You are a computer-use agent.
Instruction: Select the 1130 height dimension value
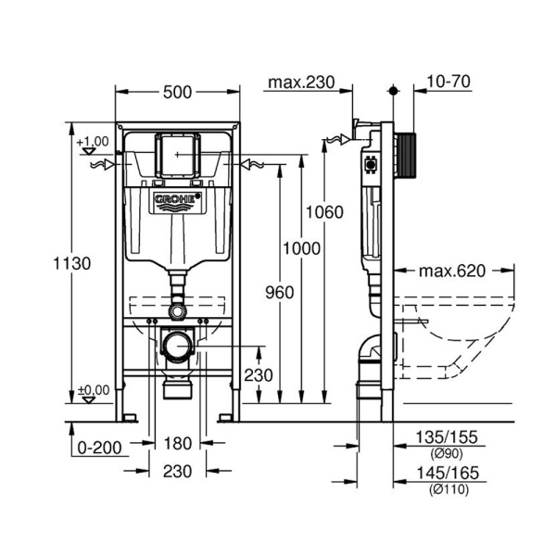point(72,263)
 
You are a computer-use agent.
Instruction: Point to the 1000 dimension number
point(302,249)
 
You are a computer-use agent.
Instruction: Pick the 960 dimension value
point(279,293)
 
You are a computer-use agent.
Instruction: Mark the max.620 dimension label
point(452,272)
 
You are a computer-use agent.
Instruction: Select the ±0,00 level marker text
point(93,390)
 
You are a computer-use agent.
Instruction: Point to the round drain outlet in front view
point(177,348)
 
